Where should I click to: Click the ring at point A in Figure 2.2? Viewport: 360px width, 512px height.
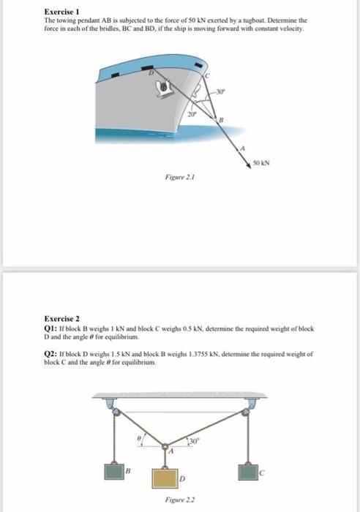(x=168, y=445)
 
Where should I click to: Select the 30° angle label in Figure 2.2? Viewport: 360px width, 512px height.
(x=194, y=440)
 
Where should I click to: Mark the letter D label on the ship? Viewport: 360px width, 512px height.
(x=153, y=72)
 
